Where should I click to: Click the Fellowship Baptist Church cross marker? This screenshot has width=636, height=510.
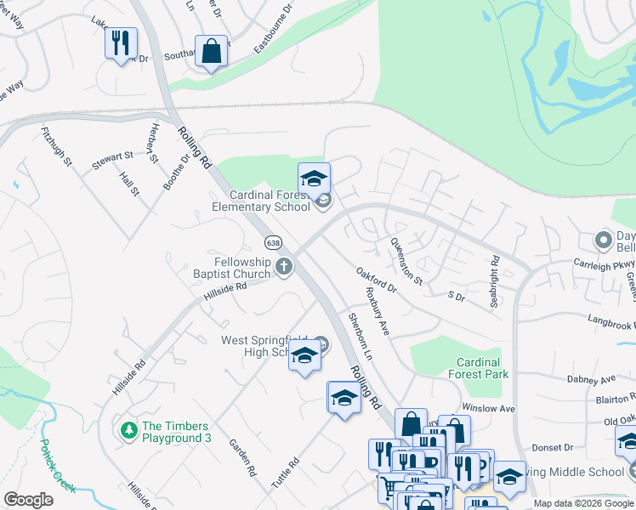(284, 268)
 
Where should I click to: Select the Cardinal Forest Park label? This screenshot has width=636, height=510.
(478, 368)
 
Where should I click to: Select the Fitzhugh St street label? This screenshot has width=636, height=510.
(56, 147)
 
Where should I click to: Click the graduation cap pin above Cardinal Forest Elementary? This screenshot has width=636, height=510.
(314, 178)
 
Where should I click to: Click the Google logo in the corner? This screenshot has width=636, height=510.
(28, 499)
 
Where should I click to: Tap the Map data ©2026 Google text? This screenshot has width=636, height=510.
(582, 503)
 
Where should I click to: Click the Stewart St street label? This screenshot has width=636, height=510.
(113, 158)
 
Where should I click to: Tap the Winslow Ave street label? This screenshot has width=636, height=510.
(488, 409)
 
